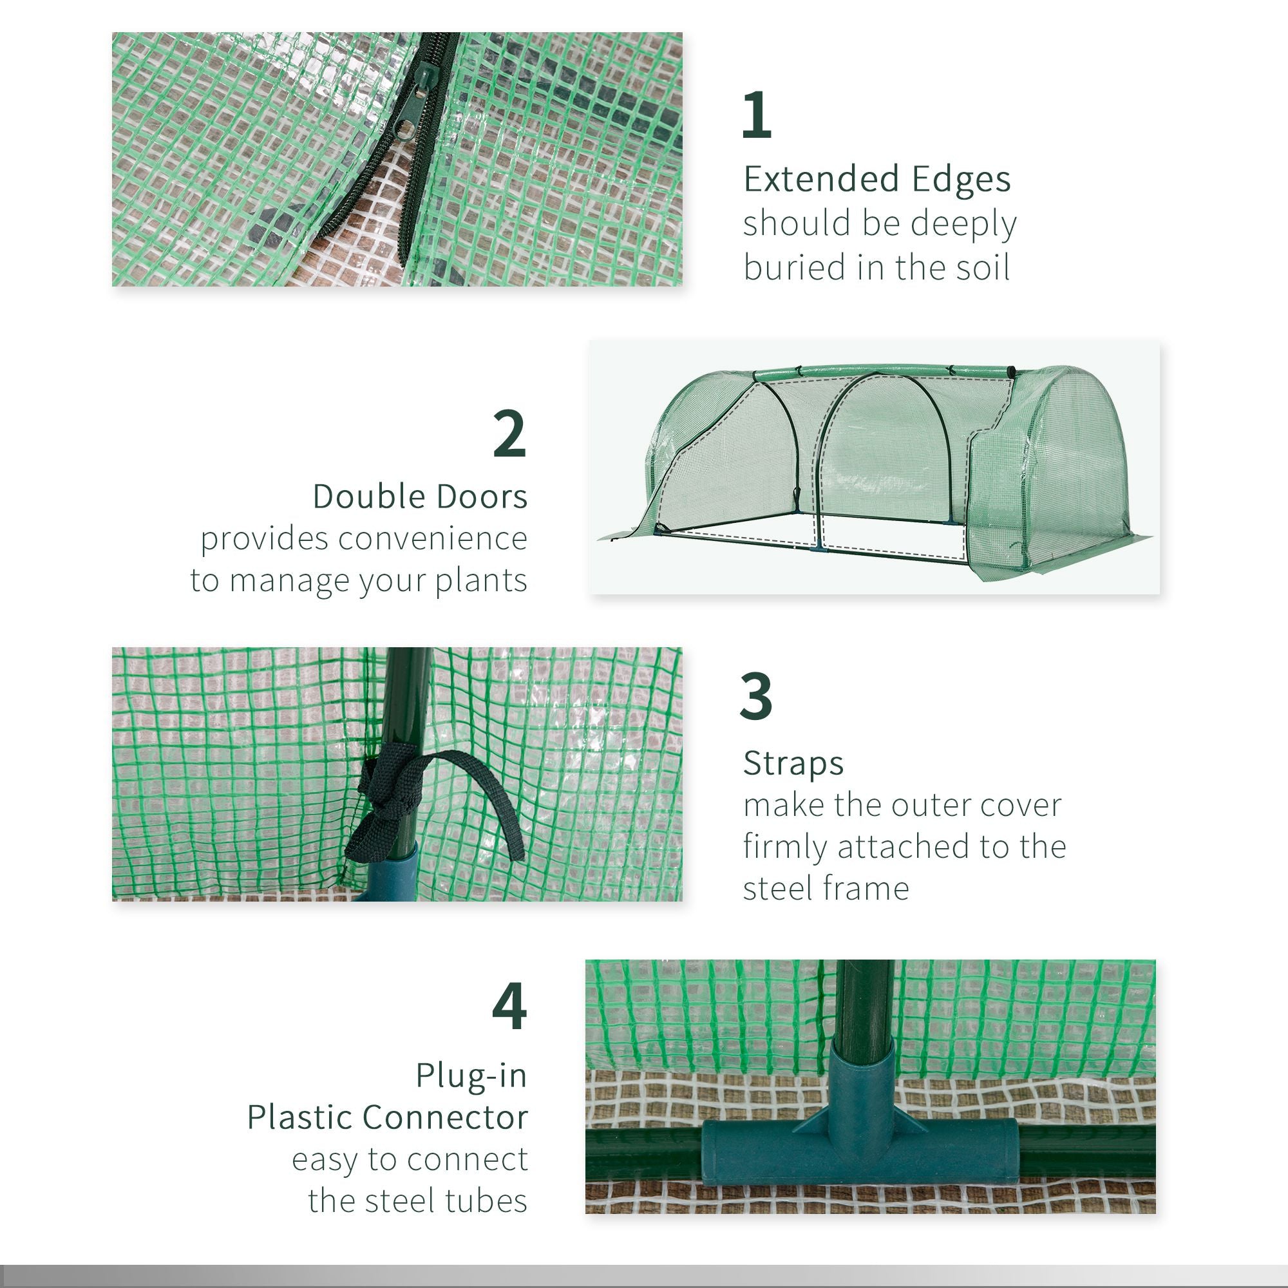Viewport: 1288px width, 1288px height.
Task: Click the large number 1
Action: point(757,115)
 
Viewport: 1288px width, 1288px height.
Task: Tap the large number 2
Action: point(510,434)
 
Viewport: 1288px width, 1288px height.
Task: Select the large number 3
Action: point(756,696)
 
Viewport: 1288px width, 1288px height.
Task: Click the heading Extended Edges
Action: point(876,179)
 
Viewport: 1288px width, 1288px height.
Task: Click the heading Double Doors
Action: point(420,497)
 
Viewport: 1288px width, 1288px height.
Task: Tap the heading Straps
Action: point(793,763)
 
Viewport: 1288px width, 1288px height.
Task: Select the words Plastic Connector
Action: point(387,1117)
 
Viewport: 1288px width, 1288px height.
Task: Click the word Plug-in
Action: point(471,1075)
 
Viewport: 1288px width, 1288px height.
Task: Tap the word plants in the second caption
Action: point(480,581)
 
